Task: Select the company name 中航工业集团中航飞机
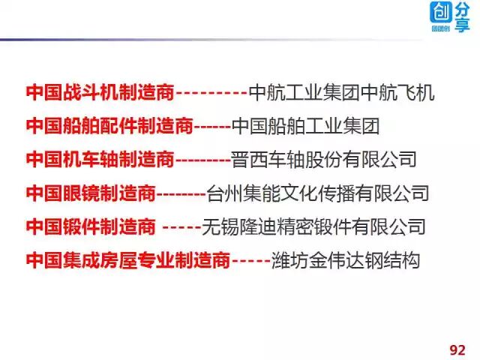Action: [341, 94]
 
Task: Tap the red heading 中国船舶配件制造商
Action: [109, 126]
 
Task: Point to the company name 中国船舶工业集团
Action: [305, 126]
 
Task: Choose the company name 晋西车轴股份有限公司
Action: [323, 159]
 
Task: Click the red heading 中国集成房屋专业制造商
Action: [127, 260]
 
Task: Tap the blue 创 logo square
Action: [440, 13]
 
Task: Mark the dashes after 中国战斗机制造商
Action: [211, 94]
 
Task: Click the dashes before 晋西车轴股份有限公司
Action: [202, 160]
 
